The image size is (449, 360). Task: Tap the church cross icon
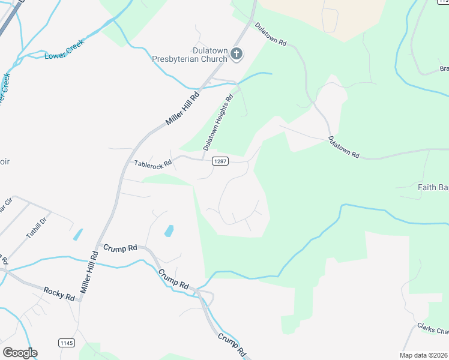(x=237, y=55)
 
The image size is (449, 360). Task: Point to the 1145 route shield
(x=67, y=342)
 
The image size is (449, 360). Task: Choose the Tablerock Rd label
(x=153, y=163)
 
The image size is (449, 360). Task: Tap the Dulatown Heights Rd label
(x=217, y=122)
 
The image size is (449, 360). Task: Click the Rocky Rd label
(x=59, y=293)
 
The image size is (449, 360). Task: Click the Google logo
(x=20, y=352)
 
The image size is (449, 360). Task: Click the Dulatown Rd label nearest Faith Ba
(x=343, y=148)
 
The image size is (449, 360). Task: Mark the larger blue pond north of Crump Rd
(x=169, y=230)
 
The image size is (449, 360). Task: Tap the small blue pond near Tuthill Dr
(x=77, y=235)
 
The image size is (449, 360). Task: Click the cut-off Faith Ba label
(x=433, y=187)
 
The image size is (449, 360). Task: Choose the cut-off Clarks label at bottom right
(x=433, y=331)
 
